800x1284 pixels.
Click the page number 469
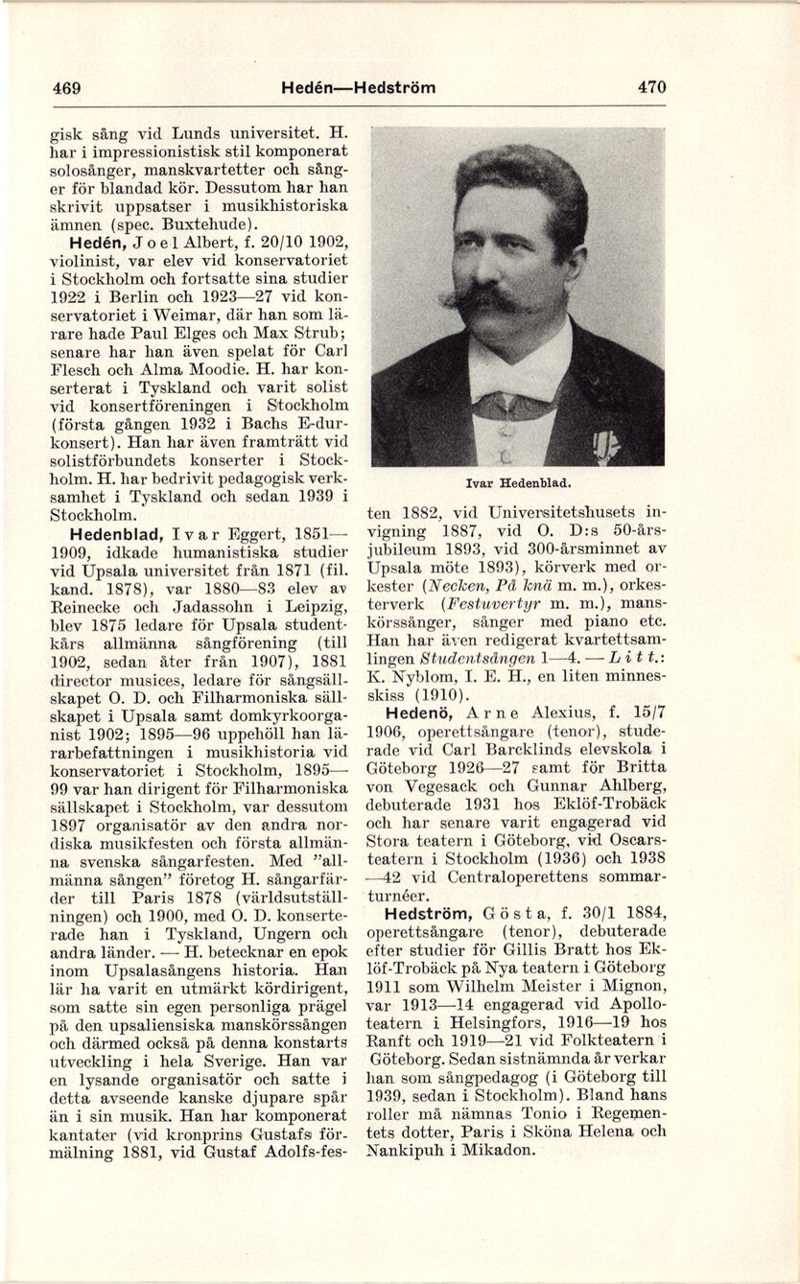click(x=66, y=87)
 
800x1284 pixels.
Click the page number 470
click(x=650, y=87)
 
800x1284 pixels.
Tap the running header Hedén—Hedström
click(x=359, y=87)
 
